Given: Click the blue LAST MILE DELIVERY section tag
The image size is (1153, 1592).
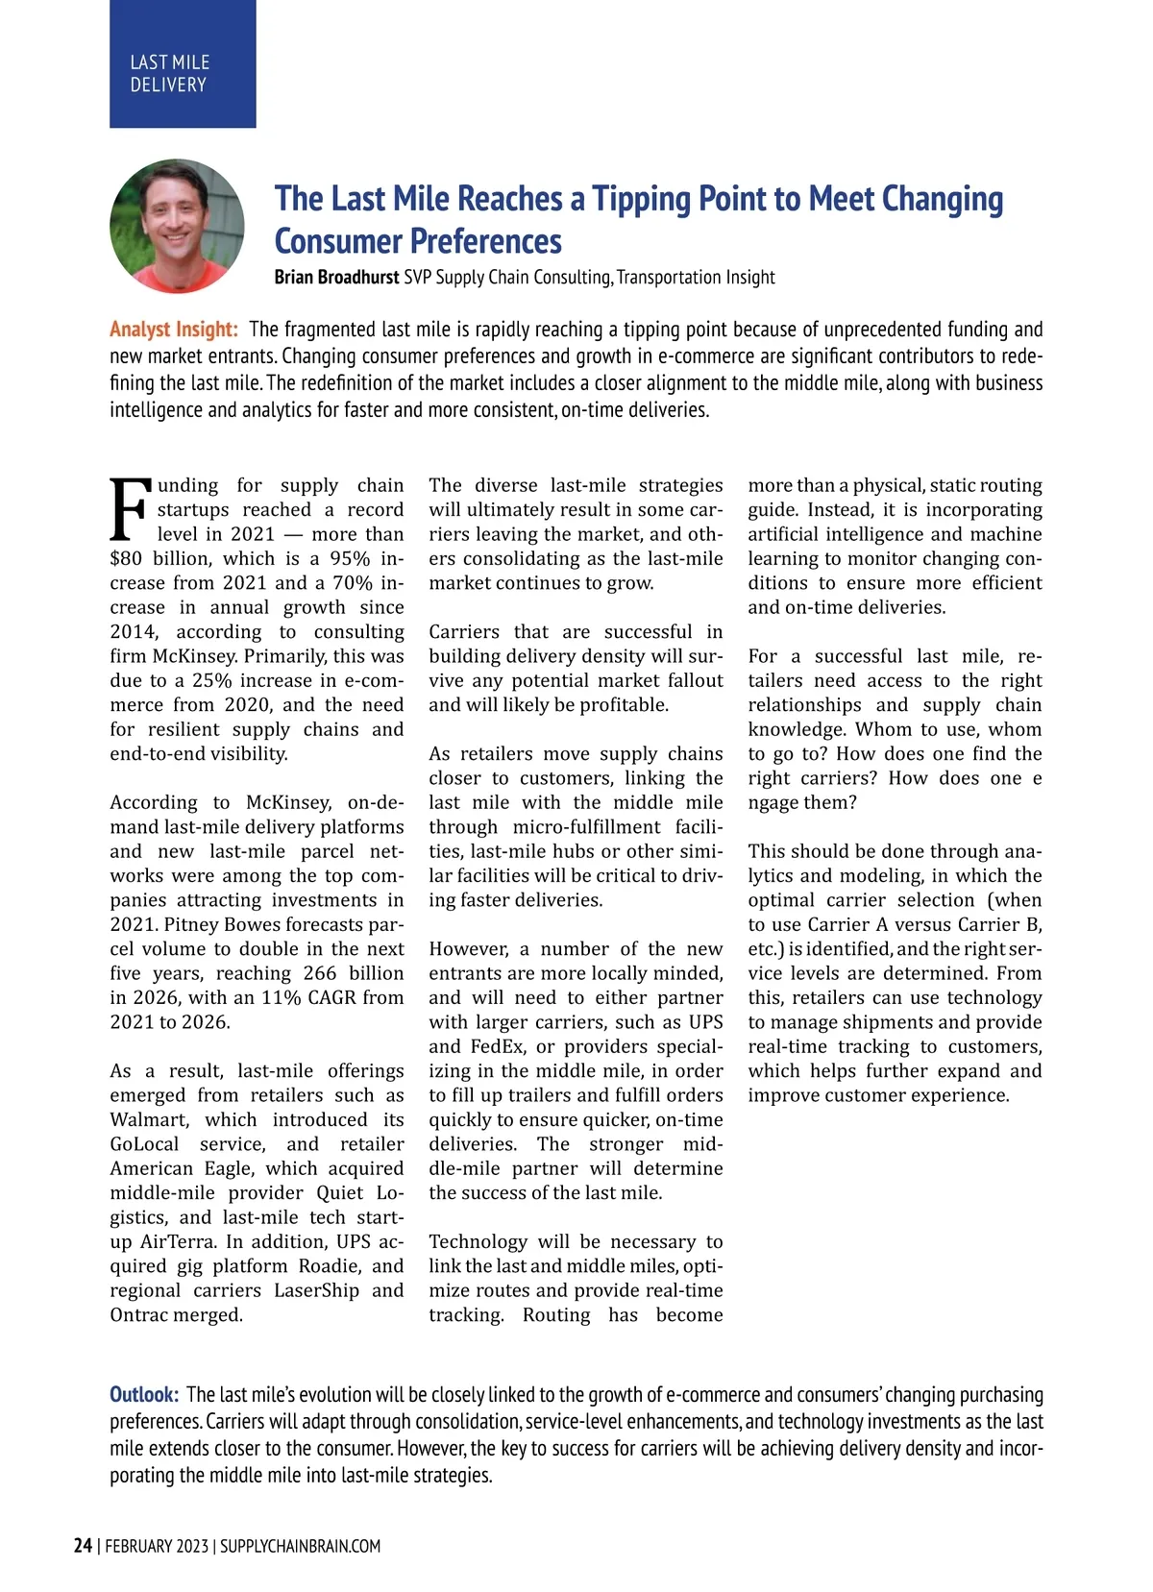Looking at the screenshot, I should point(183,64).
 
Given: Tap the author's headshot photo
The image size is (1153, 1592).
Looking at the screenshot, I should point(177,227).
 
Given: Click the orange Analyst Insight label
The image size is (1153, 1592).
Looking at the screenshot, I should point(174,330).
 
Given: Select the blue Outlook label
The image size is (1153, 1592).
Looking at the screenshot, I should point(144,1394).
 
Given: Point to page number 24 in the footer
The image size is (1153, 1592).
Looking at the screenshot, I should point(83,1546).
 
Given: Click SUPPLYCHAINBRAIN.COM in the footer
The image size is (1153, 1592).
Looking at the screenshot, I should point(300,1546).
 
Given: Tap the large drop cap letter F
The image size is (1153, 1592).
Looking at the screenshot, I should point(131,510).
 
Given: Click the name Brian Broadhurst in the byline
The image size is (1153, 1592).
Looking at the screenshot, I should point(336,278).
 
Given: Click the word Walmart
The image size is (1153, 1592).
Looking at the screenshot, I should point(149,1120).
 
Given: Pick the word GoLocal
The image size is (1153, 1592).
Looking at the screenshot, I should point(144,1144).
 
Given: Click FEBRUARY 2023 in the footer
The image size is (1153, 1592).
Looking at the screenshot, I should point(157,1546).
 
